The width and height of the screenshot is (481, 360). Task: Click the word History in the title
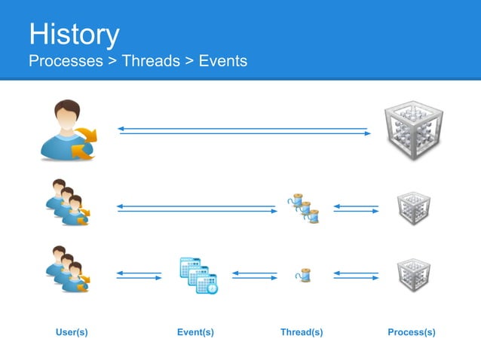[x=74, y=35]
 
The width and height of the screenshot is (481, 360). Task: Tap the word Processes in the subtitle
[x=66, y=61]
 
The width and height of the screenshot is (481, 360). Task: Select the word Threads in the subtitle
[x=151, y=61]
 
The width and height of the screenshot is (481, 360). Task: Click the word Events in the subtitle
[x=223, y=61]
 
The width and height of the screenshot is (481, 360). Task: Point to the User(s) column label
[x=72, y=332]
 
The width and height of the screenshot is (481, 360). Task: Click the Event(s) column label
[x=196, y=332]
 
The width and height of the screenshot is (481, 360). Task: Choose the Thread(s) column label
[x=302, y=332]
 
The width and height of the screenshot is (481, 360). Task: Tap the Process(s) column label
[x=412, y=332]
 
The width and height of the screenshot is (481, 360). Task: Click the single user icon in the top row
[x=69, y=130]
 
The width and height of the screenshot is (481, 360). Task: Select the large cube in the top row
[x=414, y=130]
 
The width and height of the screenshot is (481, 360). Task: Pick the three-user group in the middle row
[x=68, y=202]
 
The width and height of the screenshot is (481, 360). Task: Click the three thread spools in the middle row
[x=303, y=208]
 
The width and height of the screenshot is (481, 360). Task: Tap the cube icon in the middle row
[x=414, y=209]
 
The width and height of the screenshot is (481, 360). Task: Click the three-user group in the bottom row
[x=68, y=269]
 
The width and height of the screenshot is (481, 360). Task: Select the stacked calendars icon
[x=199, y=276]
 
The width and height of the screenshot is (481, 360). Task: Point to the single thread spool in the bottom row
[x=303, y=275]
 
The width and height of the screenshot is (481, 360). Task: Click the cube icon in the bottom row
[x=414, y=275]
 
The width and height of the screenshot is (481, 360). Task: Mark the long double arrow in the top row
[x=244, y=131]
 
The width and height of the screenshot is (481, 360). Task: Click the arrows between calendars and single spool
[x=255, y=276]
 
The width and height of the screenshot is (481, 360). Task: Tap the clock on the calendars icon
[x=212, y=288]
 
